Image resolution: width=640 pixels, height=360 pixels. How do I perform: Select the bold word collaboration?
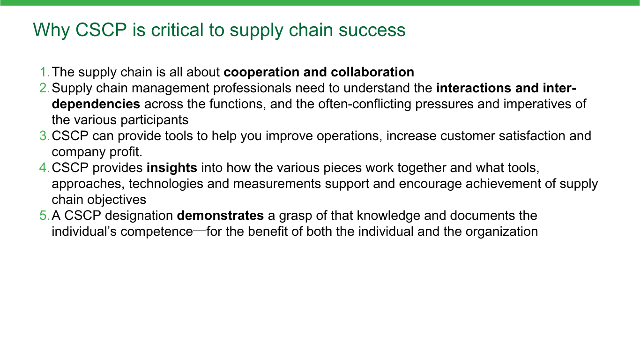coord(372,72)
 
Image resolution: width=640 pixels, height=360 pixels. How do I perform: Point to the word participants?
coord(155,120)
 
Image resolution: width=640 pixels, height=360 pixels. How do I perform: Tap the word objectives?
coord(117,200)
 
